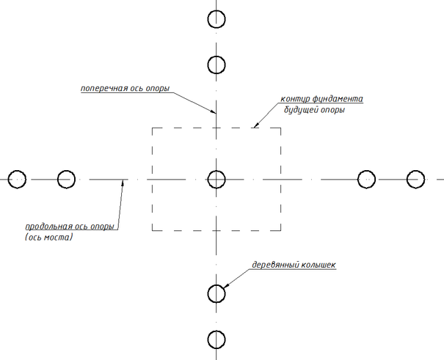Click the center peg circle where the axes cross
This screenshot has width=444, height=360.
pos(216,179)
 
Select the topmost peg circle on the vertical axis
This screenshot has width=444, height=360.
pos(216,19)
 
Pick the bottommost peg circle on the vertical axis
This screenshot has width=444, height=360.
pos(216,339)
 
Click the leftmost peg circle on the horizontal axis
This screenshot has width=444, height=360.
pos(17,179)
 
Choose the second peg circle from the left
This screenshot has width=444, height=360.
pos(66,179)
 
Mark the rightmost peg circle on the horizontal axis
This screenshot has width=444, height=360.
pos(416,179)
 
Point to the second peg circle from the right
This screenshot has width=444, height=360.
pos(366,179)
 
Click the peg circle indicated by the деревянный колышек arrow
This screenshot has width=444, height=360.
pos(216,293)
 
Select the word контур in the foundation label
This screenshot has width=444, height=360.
pos(295,99)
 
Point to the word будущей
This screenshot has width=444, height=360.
pos(302,111)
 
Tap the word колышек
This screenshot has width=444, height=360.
pos(319,264)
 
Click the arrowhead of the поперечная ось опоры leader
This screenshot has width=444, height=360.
pos(214,113)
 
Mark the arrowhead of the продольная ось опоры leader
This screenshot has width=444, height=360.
pos(123,183)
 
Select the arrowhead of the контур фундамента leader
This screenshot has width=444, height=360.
pos(255,126)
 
